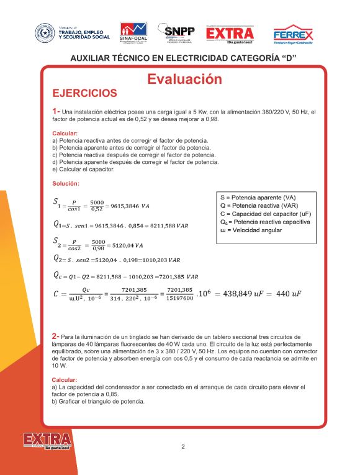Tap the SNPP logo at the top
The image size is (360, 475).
176,32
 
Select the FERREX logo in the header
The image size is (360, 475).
293,34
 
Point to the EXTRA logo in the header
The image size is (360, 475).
230,34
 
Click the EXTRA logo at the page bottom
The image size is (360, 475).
47,441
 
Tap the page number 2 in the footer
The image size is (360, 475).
183,446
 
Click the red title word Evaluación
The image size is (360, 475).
184,79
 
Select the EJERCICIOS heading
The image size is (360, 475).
84,94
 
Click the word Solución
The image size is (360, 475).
66,184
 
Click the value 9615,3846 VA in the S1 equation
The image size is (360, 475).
130,206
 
